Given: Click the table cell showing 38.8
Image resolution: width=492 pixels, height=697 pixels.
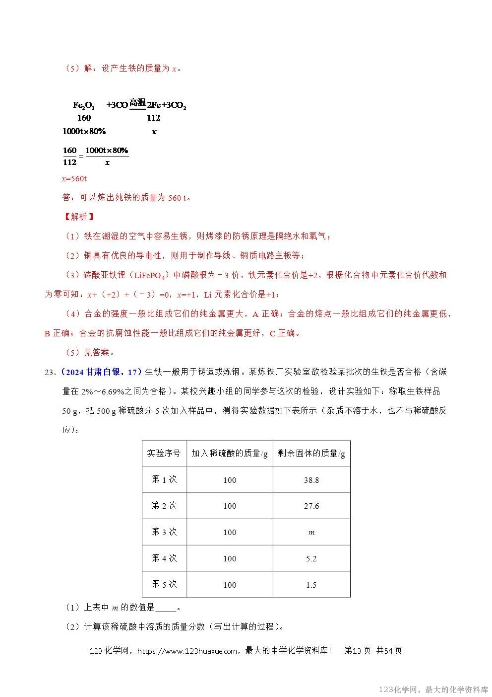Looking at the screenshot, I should pos(311,480).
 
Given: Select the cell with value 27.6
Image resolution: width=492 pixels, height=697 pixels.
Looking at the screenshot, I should pos(311,506).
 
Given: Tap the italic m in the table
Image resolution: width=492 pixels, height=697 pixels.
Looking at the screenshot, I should pos(311,533).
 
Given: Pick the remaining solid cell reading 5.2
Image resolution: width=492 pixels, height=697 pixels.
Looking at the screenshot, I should pos(311,559).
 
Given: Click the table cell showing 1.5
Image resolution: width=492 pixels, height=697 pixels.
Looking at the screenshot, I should pos(311,585).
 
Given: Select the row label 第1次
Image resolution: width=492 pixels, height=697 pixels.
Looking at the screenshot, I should pos(164,479).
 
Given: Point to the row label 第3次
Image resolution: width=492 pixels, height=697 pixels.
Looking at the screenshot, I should pos(164,532).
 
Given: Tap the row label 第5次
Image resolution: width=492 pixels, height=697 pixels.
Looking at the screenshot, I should pos(164,584).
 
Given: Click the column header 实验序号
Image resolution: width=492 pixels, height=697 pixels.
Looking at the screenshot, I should pos(164,453).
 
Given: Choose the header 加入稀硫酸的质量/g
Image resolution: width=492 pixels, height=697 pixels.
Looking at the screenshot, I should pos(229,453).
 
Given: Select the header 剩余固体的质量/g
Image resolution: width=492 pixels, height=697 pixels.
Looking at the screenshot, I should pos(311,453).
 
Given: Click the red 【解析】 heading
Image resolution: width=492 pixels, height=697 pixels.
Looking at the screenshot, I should pos(78,217).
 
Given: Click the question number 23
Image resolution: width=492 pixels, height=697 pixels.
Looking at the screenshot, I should pos(49,372).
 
